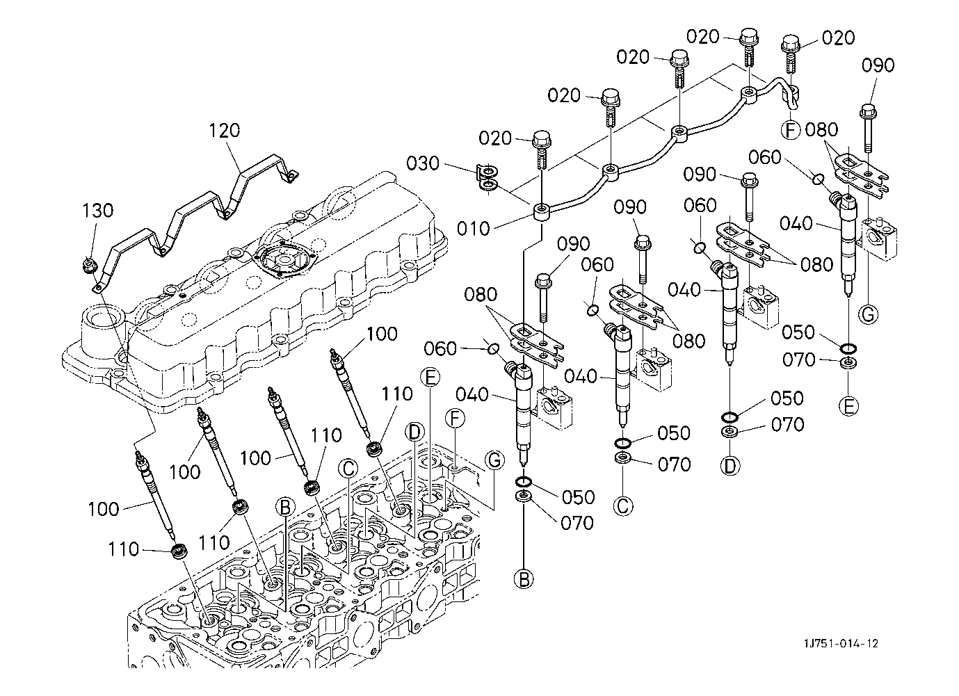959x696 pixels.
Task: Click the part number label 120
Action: pos(225,130)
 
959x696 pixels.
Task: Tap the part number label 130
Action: pos(98,210)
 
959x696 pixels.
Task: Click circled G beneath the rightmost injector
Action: pos(867,314)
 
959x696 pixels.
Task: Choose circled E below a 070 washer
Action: pos(848,406)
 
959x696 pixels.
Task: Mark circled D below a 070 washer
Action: pos(730,465)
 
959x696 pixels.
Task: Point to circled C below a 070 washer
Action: pos(623,505)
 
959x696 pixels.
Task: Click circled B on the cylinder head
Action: pos(284,507)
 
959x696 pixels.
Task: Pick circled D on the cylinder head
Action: pos(415,432)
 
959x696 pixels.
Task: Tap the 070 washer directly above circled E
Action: pos(848,364)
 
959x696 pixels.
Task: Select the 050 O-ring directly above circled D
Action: pos(730,417)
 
